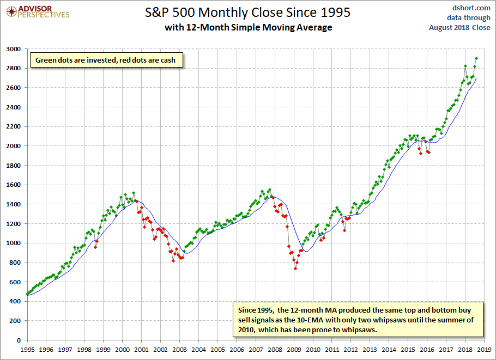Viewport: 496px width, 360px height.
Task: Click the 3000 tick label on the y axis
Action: (x=13, y=49)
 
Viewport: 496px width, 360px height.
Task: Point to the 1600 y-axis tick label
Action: (x=13, y=185)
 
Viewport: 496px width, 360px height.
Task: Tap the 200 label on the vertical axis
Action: (x=15, y=321)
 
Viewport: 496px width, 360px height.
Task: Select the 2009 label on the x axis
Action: (x=294, y=350)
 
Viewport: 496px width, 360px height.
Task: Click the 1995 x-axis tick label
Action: (x=27, y=350)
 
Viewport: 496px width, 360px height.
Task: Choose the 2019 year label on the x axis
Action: (x=485, y=350)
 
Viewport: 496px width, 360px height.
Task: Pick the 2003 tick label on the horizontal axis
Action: (x=180, y=350)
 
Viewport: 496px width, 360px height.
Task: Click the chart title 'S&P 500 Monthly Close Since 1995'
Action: (x=247, y=13)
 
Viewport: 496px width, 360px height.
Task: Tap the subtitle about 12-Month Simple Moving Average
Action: (x=249, y=27)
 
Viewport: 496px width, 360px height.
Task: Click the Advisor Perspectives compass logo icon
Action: (x=11, y=12)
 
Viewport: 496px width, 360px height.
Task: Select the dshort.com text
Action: (x=471, y=8)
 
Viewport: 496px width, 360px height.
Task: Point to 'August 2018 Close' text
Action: (x=459, y=27)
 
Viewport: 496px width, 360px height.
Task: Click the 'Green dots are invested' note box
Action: (x=106, y=60)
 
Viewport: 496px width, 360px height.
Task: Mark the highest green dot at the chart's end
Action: (x=476, y=58)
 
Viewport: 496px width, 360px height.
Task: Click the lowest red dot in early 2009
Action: (x=295, y=269)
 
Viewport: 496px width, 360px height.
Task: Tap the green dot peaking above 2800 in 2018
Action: (x=465, y=66)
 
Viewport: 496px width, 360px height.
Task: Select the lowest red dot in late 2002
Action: (x=173, y=261)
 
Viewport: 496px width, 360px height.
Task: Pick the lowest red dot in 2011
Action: (x=344, y=230)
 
